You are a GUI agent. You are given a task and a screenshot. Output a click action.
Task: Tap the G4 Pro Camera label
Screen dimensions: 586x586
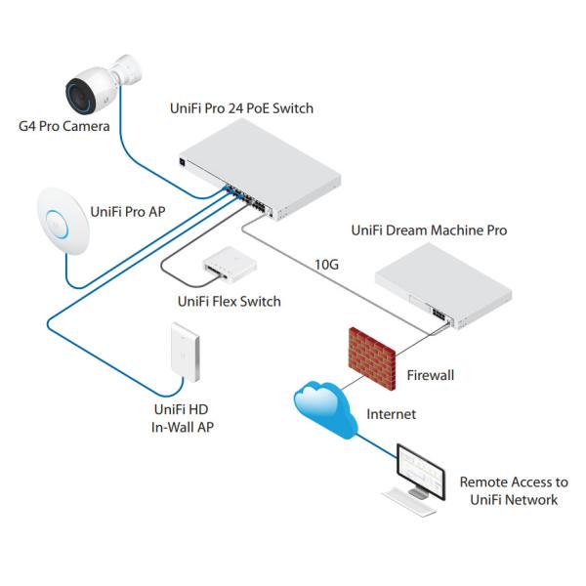(60, 126)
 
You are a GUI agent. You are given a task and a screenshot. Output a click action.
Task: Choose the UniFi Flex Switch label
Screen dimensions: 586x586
(229, 301)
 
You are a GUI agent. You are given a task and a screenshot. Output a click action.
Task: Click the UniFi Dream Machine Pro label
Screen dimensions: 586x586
(429, 230)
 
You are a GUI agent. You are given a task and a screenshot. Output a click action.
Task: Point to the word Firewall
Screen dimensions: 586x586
(430, 374)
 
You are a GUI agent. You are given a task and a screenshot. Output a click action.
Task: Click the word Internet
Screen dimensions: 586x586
(391, 414)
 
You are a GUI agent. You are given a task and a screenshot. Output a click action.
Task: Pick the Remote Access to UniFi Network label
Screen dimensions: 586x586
(513, 491)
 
